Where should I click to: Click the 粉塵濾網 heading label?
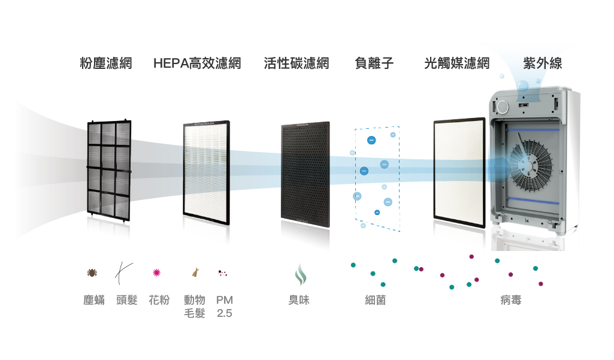pyautogui.click(x=105, y=63)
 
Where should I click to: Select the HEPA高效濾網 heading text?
pyautogui.click(x=197, y=63)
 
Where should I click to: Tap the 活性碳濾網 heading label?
pyautogui.click(x=297, y=63)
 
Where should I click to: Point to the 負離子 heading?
pyautogui.click(x=374, y=63)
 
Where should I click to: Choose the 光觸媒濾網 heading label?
pyautogui.click(x=457, y=63)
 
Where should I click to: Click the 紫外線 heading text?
pyautogui.click(x=543, y=63)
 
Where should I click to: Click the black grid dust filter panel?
pyautogui.click(x=109, y=171)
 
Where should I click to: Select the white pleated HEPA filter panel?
pyautogui.click(x=206, y=173)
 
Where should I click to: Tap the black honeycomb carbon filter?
pyautogui.click(x=306, y=175)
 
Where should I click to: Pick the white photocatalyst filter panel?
pyautogui.click(x=459, y=173)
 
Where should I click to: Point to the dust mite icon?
pyautogui.click(x=92, y=273)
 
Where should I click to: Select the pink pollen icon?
pyautogui.click(x=156, y=273)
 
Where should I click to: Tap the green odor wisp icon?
pyautogui.click(x=300, y=274)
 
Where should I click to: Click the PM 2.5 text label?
pyautogui.click(x=225, y=307)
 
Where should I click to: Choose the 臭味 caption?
pyautogui.click(x=299, y=300)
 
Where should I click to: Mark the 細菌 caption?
pyautogui.click(x=375, y=300)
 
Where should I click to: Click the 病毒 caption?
pyautogui.click(x=511, y=300)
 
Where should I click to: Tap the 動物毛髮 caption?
pyautogui.click(x=195, y=307)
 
